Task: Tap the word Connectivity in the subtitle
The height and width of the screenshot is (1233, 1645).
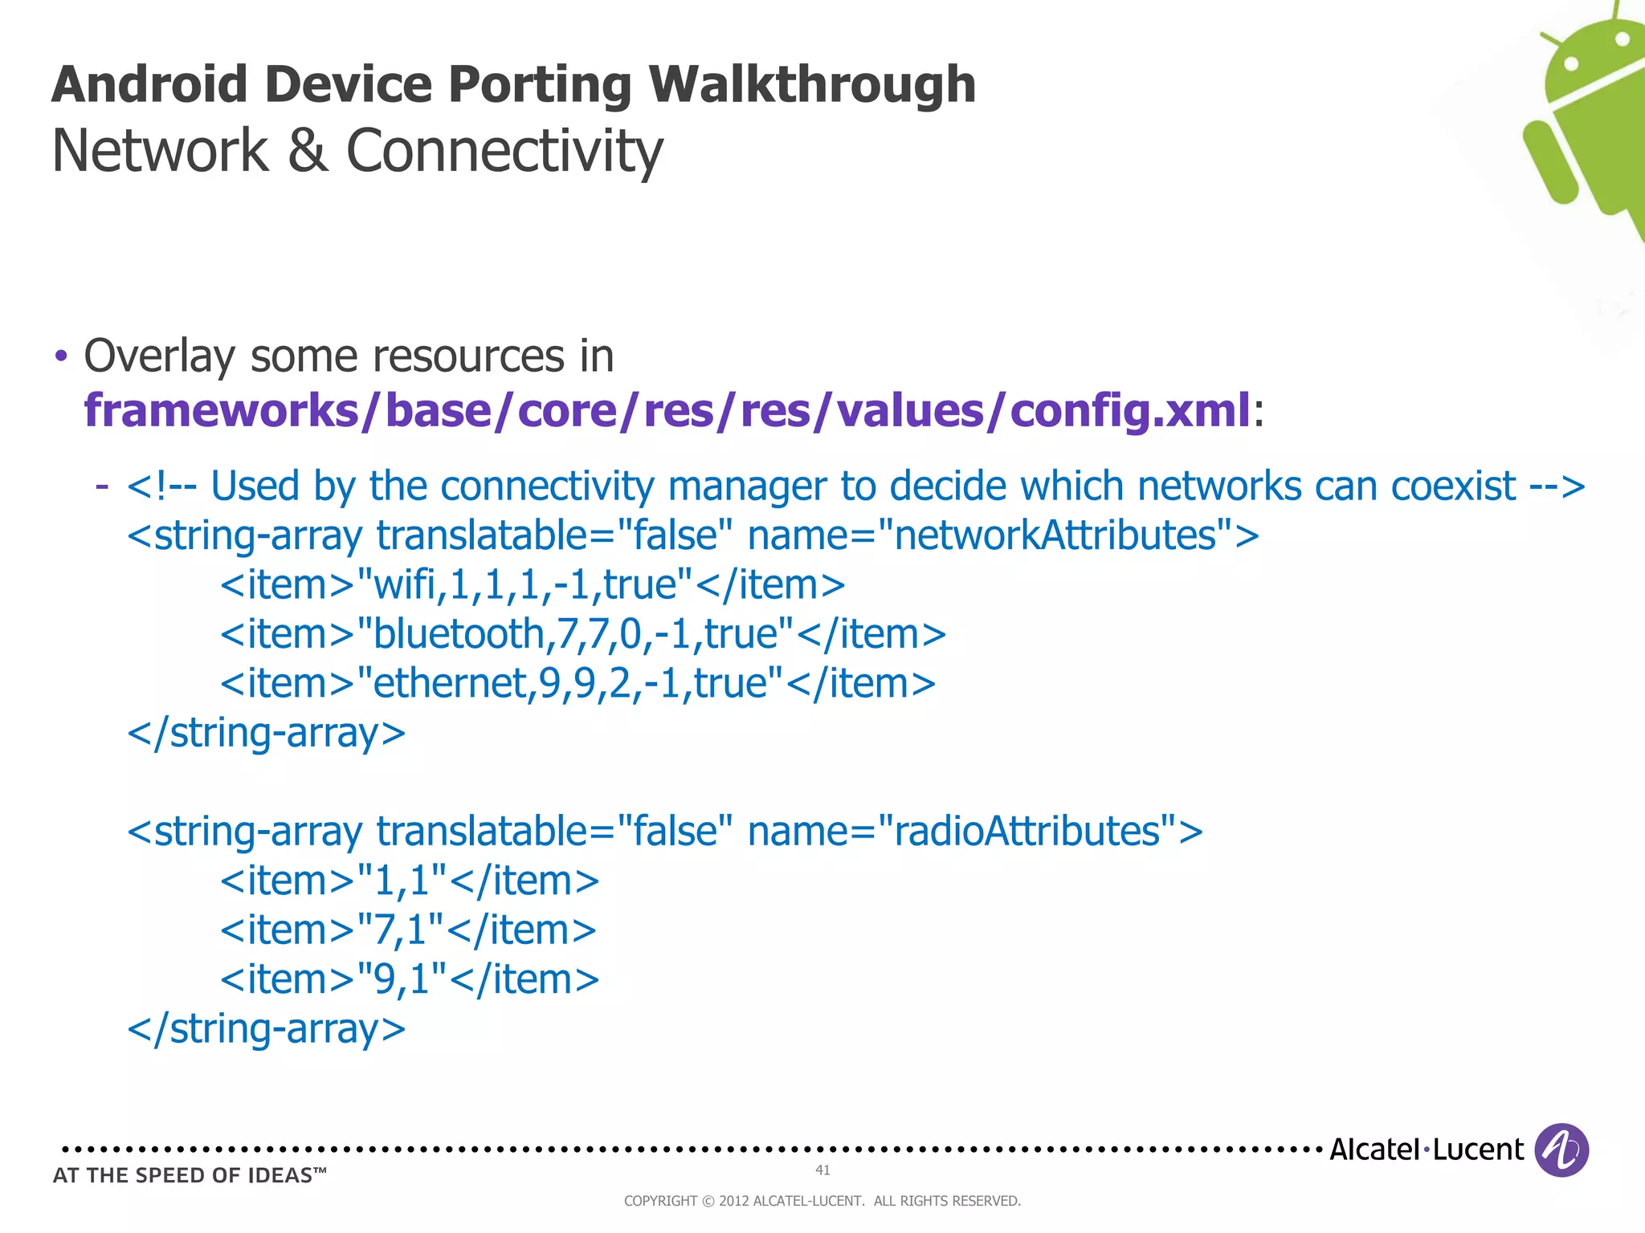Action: pos(504,151)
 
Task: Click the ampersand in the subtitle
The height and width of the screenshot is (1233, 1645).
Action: pos(308,151)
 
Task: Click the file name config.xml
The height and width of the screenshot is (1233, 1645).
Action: pos(1129,410)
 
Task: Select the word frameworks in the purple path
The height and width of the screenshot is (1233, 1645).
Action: pos(222,410)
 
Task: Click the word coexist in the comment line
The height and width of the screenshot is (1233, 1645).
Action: pos(1453,486)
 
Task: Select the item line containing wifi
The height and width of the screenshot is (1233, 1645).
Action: pos(533,584)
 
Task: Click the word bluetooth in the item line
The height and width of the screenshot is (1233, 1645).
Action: pos(459,634)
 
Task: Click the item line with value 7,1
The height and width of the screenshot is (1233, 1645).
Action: pos(408,930)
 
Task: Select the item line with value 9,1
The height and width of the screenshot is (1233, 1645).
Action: pos(410,979)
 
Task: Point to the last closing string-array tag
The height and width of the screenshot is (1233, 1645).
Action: pos(267,1029)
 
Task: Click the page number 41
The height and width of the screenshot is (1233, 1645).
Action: pos(822,1170)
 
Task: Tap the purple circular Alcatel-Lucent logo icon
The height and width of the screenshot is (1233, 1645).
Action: pos(1561,1150)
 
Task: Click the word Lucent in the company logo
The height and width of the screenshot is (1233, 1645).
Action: pos(1478,1150)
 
